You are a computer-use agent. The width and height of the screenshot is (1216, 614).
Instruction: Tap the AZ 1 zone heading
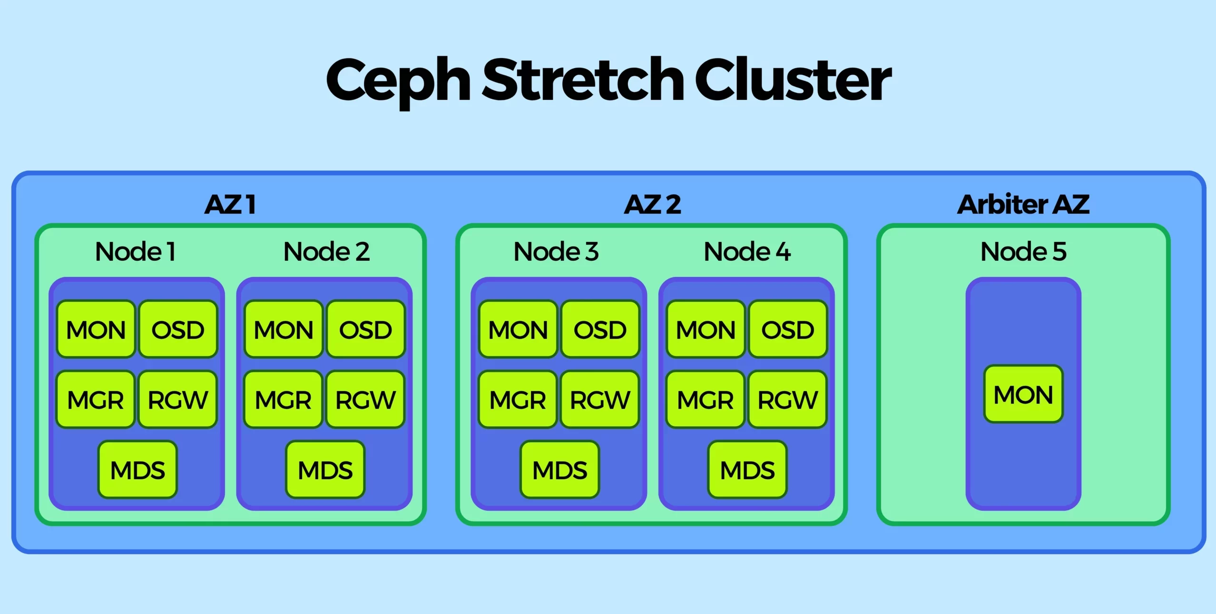(230, 205)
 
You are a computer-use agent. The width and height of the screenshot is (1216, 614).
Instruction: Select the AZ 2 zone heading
(652, 205)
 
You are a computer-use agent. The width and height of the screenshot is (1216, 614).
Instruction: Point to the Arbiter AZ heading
(1023, 205)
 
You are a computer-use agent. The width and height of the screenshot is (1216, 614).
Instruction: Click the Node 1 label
(136, 251)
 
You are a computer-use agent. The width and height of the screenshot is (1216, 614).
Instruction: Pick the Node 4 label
(747, 251)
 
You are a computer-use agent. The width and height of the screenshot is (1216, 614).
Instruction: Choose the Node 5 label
(1023, 251)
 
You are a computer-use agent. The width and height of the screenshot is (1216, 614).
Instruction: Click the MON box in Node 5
(1023, 394)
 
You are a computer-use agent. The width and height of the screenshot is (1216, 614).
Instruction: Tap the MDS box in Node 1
(137, 470)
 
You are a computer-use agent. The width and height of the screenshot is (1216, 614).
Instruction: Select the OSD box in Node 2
(365, 329)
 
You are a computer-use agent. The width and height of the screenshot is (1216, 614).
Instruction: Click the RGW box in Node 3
(600, 399)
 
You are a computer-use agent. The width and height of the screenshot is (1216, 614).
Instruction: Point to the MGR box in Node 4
(706, 399)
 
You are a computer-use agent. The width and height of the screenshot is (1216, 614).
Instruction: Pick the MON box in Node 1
(96, 329)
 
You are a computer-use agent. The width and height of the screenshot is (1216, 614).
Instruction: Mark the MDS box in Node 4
(747, 470)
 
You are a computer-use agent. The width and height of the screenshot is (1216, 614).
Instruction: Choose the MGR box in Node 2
(284, 399)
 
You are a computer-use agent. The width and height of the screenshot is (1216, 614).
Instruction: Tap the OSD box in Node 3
(600, 329)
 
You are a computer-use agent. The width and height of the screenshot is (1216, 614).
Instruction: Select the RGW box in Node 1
(178, 399)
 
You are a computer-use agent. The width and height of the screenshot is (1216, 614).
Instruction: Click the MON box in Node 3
(518, 329)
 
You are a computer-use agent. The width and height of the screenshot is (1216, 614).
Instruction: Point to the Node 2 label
(326, 251)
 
